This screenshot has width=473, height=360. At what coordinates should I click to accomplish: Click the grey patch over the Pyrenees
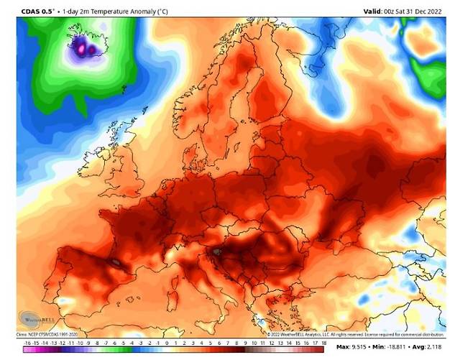click(114, 262)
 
